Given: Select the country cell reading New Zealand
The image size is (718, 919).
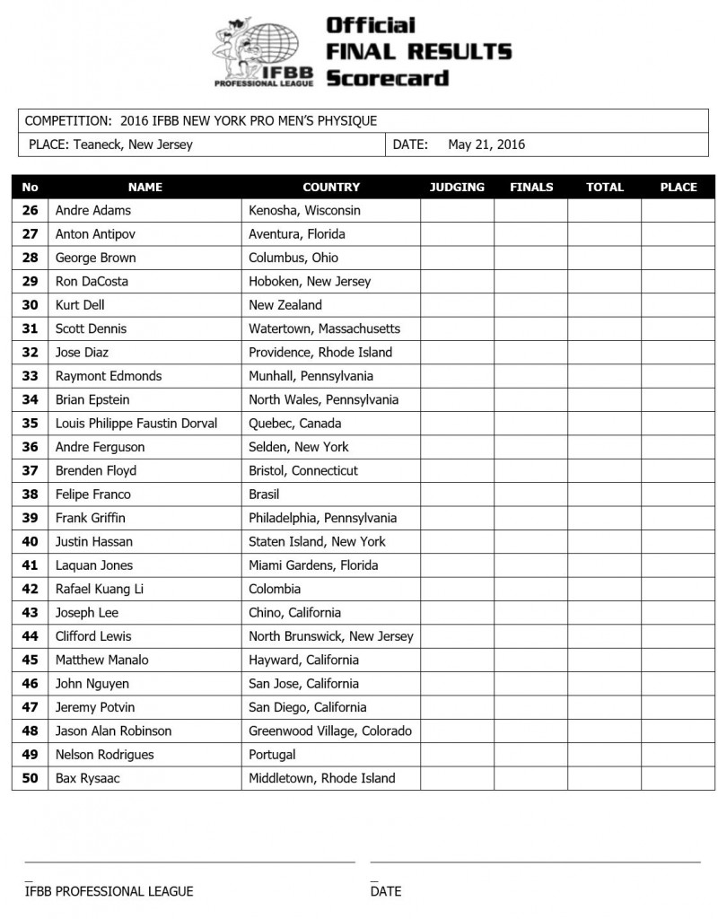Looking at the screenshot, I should pos(285,305).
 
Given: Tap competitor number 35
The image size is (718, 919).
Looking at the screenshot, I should pos(30,424).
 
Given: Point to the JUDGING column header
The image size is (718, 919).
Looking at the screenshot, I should pos(457,188).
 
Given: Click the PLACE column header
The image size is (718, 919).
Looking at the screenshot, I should pos(678,188).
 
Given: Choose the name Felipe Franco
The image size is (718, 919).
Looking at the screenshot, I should pos(92,495).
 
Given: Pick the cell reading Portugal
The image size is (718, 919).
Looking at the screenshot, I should pos(272,755).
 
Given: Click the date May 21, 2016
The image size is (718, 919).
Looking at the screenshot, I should pos(486,144).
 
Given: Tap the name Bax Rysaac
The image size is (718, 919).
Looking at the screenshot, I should pos(87,779).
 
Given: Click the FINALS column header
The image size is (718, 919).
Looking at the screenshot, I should pos(531,188).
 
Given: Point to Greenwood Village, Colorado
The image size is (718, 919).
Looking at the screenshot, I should pos(329,731).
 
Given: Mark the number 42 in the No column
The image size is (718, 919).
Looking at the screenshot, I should pos(30,590).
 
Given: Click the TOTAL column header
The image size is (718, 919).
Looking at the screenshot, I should pos(604,188).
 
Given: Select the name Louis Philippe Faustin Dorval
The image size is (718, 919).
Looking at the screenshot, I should pos(136,424).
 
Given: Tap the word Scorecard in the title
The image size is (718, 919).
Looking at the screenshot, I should pos(387,78).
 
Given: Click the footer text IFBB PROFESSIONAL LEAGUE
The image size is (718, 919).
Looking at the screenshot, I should pos(109,891).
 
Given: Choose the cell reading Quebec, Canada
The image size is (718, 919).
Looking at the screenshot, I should pos(294,424).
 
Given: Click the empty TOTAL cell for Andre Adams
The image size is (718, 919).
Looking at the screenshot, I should pos(604,211).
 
